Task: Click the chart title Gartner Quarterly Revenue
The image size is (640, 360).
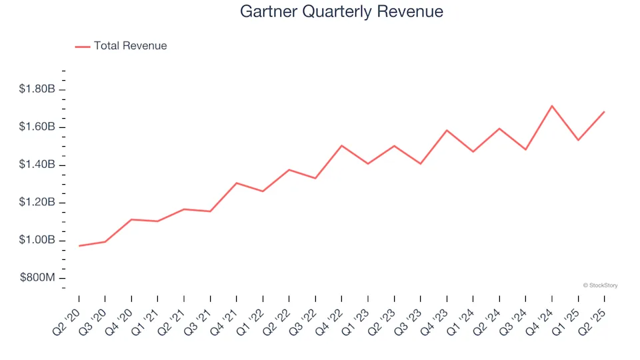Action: coord(341,12)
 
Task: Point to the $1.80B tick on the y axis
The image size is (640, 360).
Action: coord(37,89)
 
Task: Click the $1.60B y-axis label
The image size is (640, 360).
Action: coord(37,127)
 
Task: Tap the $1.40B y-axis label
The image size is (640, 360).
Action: coord(37,165)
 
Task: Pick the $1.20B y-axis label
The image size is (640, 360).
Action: coord(37,203)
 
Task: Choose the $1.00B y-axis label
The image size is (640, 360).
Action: coord(37,241)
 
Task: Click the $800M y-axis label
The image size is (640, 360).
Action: coord(37,278)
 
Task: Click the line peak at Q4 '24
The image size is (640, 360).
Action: coord(552,106)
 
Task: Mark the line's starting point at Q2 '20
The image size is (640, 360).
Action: coord(79,246)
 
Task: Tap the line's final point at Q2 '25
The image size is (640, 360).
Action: coord(604,112)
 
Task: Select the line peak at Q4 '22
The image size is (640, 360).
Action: coord(341,145)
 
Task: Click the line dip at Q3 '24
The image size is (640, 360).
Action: coord(525,149)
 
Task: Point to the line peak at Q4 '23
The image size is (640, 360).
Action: coord(447,130)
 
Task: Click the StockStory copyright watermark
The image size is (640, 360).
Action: coord(600,285)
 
